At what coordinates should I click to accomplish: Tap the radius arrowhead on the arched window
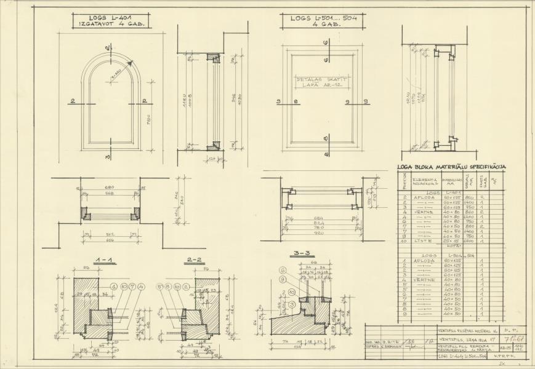click(131, 62)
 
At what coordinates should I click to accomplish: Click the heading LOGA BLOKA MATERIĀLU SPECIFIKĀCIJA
click(452, 166)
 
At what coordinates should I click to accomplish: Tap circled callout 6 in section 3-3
click(281, 270)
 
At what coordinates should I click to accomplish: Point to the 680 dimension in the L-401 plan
click(110, 188)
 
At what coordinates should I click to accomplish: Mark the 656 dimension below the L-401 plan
click(109, 239)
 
